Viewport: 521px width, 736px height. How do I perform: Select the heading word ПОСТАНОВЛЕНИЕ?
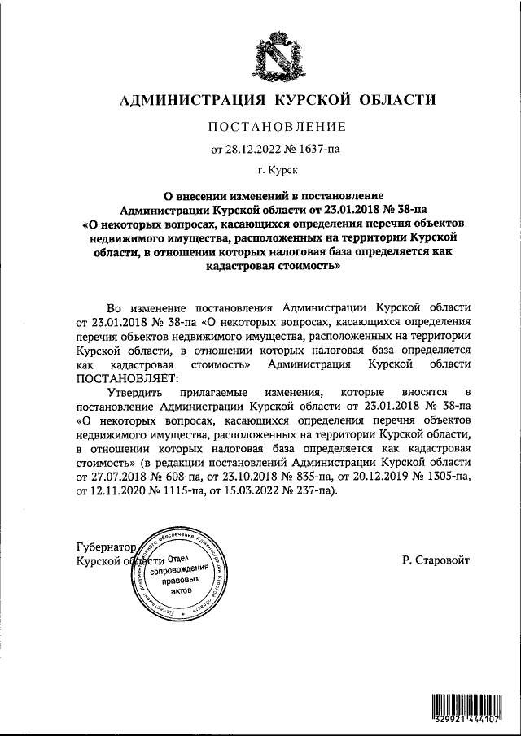pos(278,127)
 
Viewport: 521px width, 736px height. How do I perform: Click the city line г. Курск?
pos(278,170)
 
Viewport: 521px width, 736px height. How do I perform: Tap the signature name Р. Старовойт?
pos(436,560)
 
